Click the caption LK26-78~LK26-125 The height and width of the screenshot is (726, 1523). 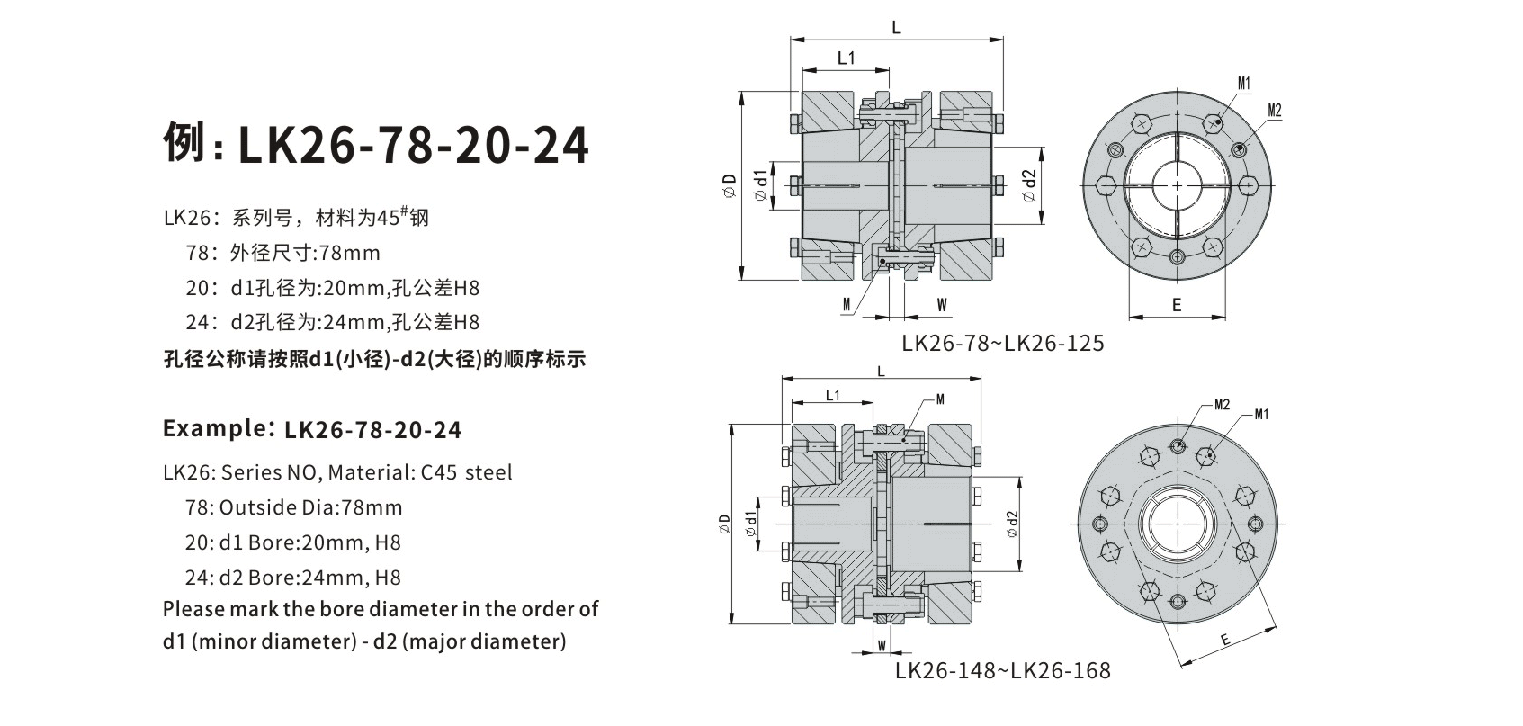[x=1003, y=344]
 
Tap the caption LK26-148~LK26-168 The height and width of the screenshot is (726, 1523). [x=1003, y=671]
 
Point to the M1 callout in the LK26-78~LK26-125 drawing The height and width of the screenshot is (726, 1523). [x=1244, y=84]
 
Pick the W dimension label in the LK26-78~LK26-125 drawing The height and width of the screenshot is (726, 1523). [x=942, y=305]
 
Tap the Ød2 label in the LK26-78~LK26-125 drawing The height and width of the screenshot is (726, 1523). [x=1030, y=185]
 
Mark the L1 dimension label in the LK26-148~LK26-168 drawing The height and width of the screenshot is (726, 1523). [x=832, y=395]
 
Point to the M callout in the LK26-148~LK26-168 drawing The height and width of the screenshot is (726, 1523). [x=940, y=399]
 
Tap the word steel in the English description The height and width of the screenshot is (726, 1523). [x=488, y=472]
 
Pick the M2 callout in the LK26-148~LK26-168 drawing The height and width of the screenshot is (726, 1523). [x=1222, y=405]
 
